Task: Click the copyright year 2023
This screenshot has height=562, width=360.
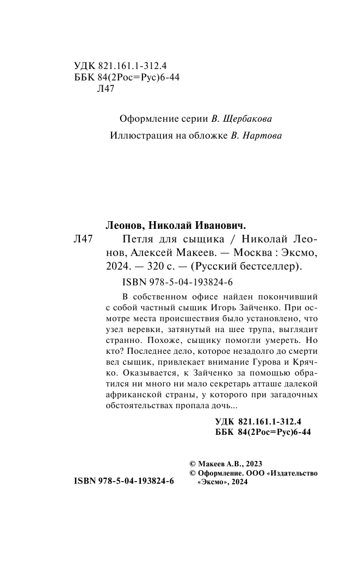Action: [253, 464]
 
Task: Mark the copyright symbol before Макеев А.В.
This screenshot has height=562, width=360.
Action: [192, 464]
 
